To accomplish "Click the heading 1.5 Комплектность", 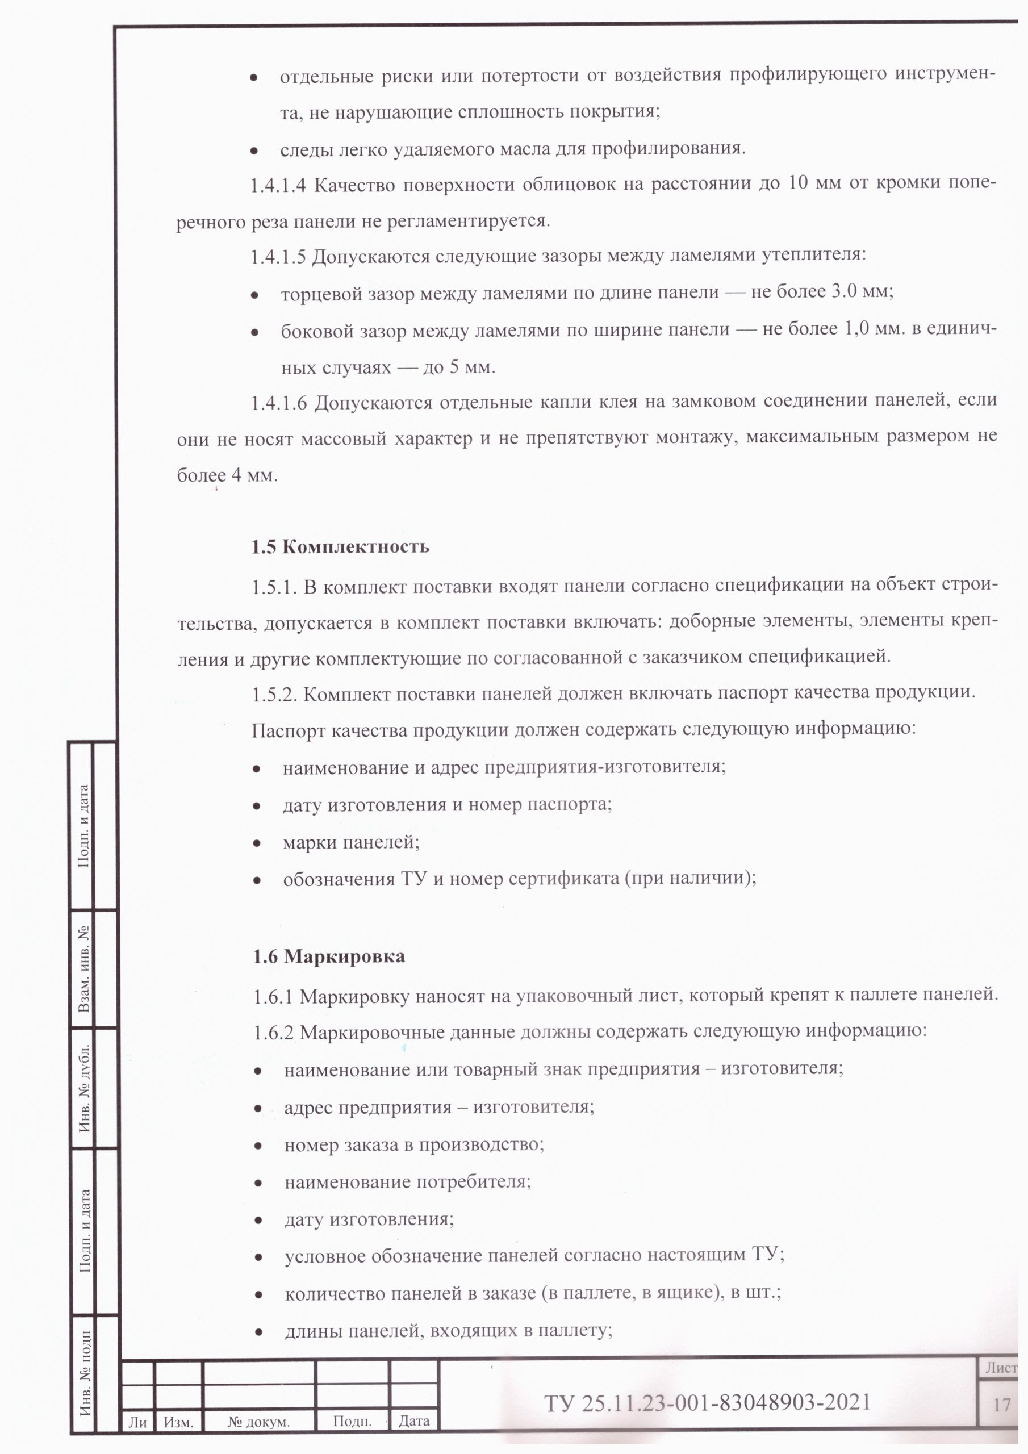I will tap(340, 546).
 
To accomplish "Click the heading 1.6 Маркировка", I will tap(329, 956).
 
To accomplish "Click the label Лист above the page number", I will tap(1001, 1368).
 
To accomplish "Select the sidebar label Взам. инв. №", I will tap(83, 969).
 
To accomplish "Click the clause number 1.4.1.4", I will tap(278, 186).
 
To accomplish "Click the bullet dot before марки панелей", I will tap(257, 843).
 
